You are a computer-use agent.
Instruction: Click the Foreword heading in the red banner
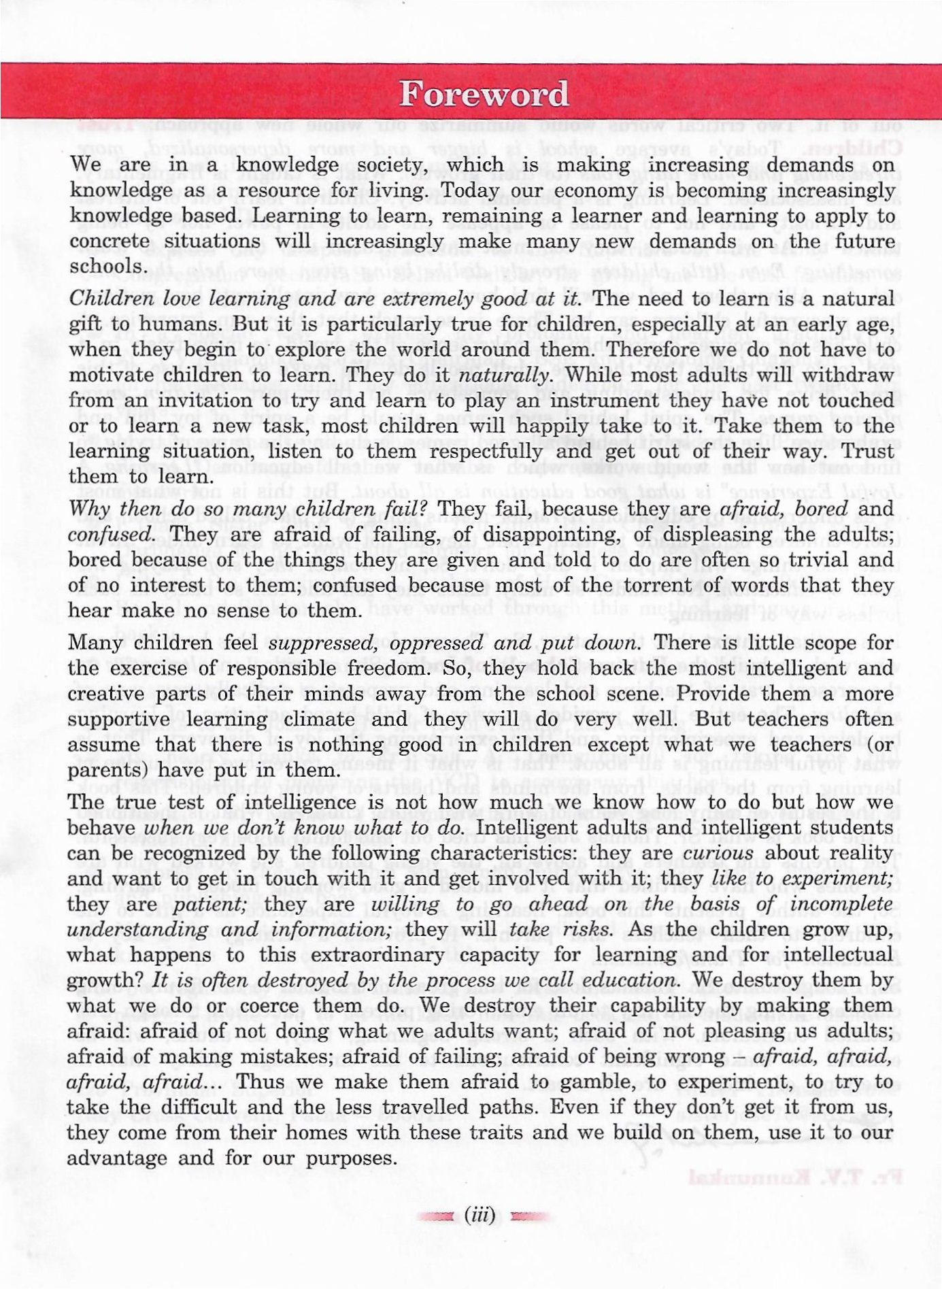(x=484, y=94)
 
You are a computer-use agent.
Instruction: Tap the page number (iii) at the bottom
(x=480, y=1214)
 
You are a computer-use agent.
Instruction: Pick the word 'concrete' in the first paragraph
(x=110, y=241)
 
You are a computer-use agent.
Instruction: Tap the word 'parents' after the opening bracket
(x=105, y=771)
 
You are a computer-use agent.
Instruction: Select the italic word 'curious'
(x=718, y=853)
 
